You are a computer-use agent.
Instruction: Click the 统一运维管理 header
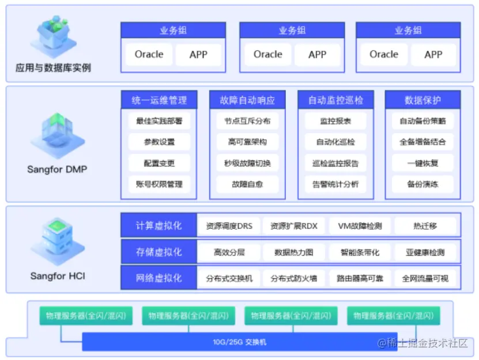pos(159,100)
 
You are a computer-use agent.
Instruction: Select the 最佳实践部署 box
pos(159,121)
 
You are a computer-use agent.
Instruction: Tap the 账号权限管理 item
pos(159,184)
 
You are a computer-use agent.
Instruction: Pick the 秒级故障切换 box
pos(247,163)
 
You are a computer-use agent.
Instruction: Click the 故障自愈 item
pos(247,184)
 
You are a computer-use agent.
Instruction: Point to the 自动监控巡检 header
pos(335,100)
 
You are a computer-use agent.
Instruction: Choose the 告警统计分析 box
pos(335,184)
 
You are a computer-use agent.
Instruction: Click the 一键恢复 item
pos(423,163)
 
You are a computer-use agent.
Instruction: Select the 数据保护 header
pos(423,100)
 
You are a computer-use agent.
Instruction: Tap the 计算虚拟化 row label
pos(159,225)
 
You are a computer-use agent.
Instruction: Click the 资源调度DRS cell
pos(229,226)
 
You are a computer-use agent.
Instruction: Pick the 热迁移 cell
pos(425,226)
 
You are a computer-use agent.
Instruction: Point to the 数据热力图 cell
pos(294,252)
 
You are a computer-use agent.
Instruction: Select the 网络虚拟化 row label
pos(159,278)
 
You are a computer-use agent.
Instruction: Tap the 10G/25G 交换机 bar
pos(240,342)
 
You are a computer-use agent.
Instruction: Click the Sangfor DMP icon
pos(58,135)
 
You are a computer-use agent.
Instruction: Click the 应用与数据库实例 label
pos(53,68)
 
